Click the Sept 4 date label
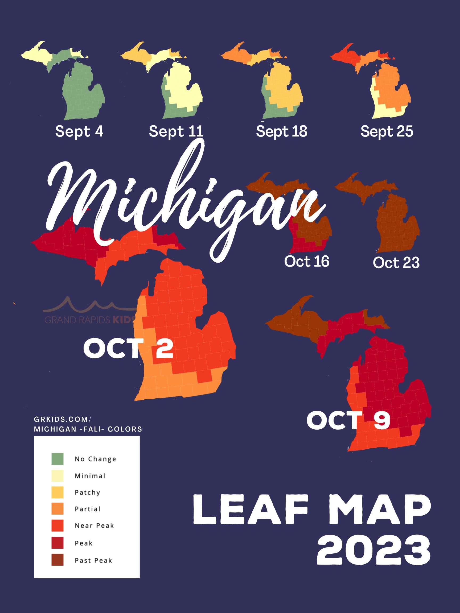coord(79,131)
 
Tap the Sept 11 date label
coord(176,131)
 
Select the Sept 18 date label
coord(281,131)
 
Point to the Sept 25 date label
coord(387,131)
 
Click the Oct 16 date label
coord(307,261)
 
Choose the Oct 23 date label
coord(396,263)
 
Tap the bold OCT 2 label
coord(128,348)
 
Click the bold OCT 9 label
coord(348,420)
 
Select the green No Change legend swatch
coord(57,459)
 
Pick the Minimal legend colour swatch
coord(57,476)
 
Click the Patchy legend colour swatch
coord(57,492)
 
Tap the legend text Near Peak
coord(94,526)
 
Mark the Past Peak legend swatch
coord(57,560)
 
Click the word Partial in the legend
coord(88,509)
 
